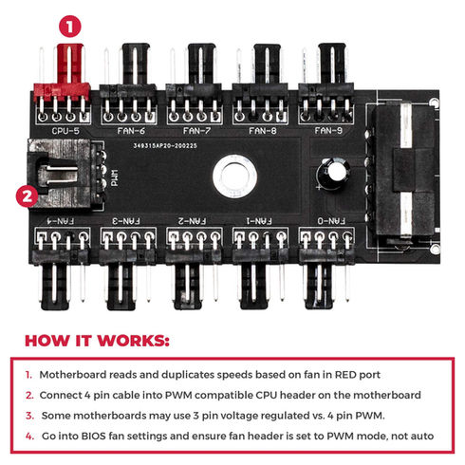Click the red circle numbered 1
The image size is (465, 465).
pyautogui.click(x=70, y=27)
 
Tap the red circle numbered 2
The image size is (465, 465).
pyautogui.click(x=28, y=196)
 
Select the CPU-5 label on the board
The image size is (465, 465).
pyautogui.click(x=65, y=131)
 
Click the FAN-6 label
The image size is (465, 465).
pyautogui.click(x=131, y=131)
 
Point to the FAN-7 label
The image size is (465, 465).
pyautogui.click(x=196, y=131)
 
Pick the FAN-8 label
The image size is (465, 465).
pyautogui.click(x=263, y=131)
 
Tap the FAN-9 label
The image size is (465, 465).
pyautogui.click(x=328, y=131)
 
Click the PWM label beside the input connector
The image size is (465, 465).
pyautogui.click(x=115, y=177)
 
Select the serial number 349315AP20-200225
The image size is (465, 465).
pyautogui.click(x=165, y=145)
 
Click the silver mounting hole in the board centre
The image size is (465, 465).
pyautogui.click(x=234, y=177)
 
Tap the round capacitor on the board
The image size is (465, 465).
pyautogui.click(x=333, y=173)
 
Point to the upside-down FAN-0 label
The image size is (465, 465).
pyautogui.click(x=331, y=221)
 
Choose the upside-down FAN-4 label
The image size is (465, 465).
pyautogui.click(x=61, y=221)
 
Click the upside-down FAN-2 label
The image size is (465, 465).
pyautogui.click(x=192, y=221)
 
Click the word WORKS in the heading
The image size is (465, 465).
pyautogui.click(x=134, y=341)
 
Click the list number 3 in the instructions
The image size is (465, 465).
pyautogui.click(x=29, y=416)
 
